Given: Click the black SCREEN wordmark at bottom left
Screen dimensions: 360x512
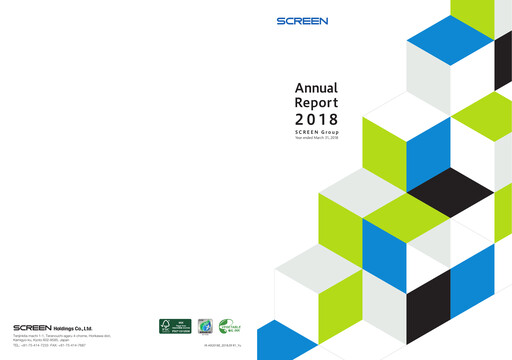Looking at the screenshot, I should pos(39,327).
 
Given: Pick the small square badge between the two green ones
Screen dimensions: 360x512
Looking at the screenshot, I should pos(204,325).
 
